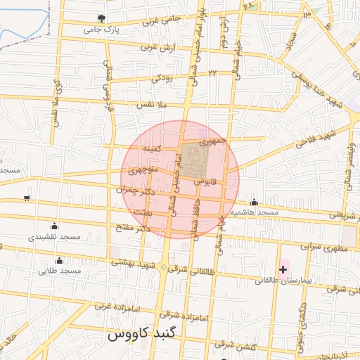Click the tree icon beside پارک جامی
pos(103,18)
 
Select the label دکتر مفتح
pos(134,228)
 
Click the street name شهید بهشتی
pos(134,262)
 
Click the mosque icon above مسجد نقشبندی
pos(54,226)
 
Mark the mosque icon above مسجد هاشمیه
pos(254,202)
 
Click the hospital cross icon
pos(283,269)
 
